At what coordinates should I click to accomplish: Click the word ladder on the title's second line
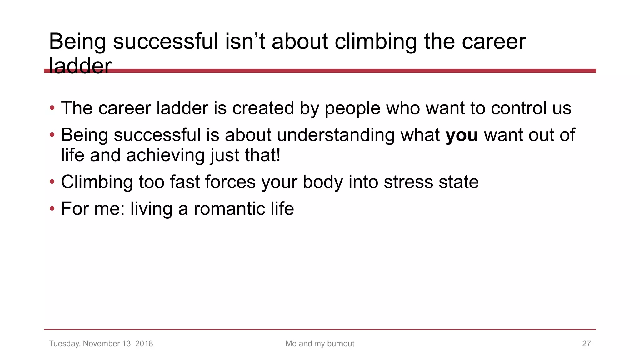pyautogui.click(x=80, y=66)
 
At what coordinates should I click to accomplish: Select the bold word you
pyautogui.click(x=462, y=135)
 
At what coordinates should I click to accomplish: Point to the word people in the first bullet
pyautogui.click(x=352, y=109)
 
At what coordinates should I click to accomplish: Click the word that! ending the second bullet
pyautogui.click(x=262, y=155)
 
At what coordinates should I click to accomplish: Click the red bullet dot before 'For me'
pyautogui.click(x=52, y=208)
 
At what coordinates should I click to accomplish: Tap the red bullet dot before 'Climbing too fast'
pyautogui.click(x=52, y=182)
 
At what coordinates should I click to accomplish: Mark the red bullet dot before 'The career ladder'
pyautogui.click(x=52, y=108)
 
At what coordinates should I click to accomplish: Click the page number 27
pyautogui.click(x=586, y=343)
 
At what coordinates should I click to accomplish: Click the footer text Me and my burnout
pyautogui.click(x=320, y=343)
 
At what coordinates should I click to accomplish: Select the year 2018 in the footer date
pyautogui.click(x=144, y=343)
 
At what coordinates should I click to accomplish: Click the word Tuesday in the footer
pyautogui.click(x=64, y=343)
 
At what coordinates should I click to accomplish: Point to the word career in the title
pyautogui.click(x=494, y=42)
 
